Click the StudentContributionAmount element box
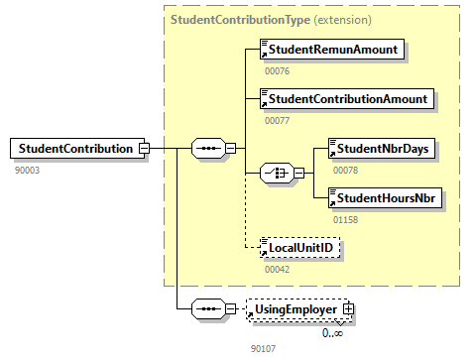(347, 99)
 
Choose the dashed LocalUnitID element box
(299, 248)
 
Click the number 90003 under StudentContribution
(28, 170)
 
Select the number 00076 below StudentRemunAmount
(278, 70)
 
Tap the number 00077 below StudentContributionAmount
(278, 120)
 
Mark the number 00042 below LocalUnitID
(278, 269)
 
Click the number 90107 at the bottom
(264, 348)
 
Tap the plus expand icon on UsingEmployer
(348, 310)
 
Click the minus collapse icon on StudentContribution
(145, 149)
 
